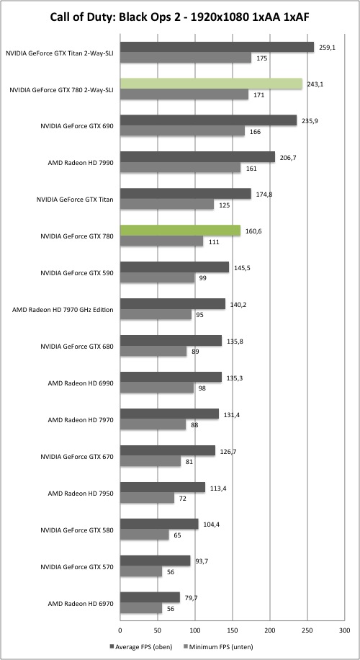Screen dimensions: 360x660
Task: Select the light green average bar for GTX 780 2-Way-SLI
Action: click(211, 84)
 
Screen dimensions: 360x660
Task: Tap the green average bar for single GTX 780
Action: click(181, 231)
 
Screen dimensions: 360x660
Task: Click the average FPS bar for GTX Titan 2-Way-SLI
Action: click(217, 47)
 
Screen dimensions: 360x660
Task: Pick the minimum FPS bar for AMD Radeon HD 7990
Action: click(181, 168)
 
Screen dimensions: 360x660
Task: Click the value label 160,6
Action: click(253, 231)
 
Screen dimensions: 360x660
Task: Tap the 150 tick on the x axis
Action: click(233, 630)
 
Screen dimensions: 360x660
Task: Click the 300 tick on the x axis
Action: click(344, 630)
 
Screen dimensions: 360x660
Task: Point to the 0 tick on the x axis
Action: click(120, 630)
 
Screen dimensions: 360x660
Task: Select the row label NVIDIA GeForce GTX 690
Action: click(77, 126)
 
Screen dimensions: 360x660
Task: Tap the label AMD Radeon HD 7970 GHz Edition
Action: click(63, 309)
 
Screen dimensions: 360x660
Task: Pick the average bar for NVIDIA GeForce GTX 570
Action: click(156, 561)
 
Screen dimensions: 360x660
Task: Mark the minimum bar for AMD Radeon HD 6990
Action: click(157, 388)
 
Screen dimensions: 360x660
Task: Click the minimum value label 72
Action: click(183, 499)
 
